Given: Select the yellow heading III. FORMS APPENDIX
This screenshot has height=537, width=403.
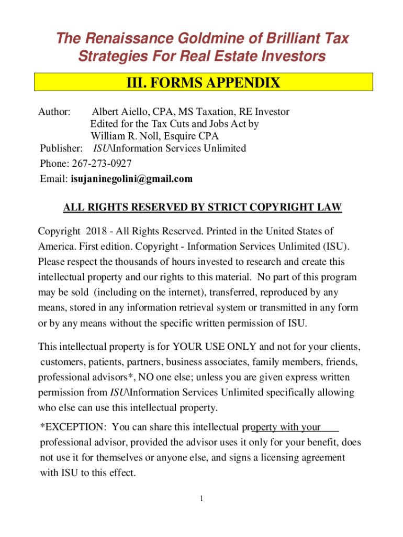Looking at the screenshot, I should pos(203,83).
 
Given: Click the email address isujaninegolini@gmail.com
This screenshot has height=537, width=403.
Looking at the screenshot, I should pos(132,179).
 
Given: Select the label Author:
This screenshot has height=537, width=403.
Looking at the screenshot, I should pos(55,112).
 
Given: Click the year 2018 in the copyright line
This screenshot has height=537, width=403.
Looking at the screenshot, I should pos(96,231).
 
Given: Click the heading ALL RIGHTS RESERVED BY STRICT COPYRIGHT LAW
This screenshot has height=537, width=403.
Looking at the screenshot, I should pos(202,207).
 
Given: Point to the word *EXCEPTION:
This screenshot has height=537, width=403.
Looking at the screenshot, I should pos(74,427).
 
